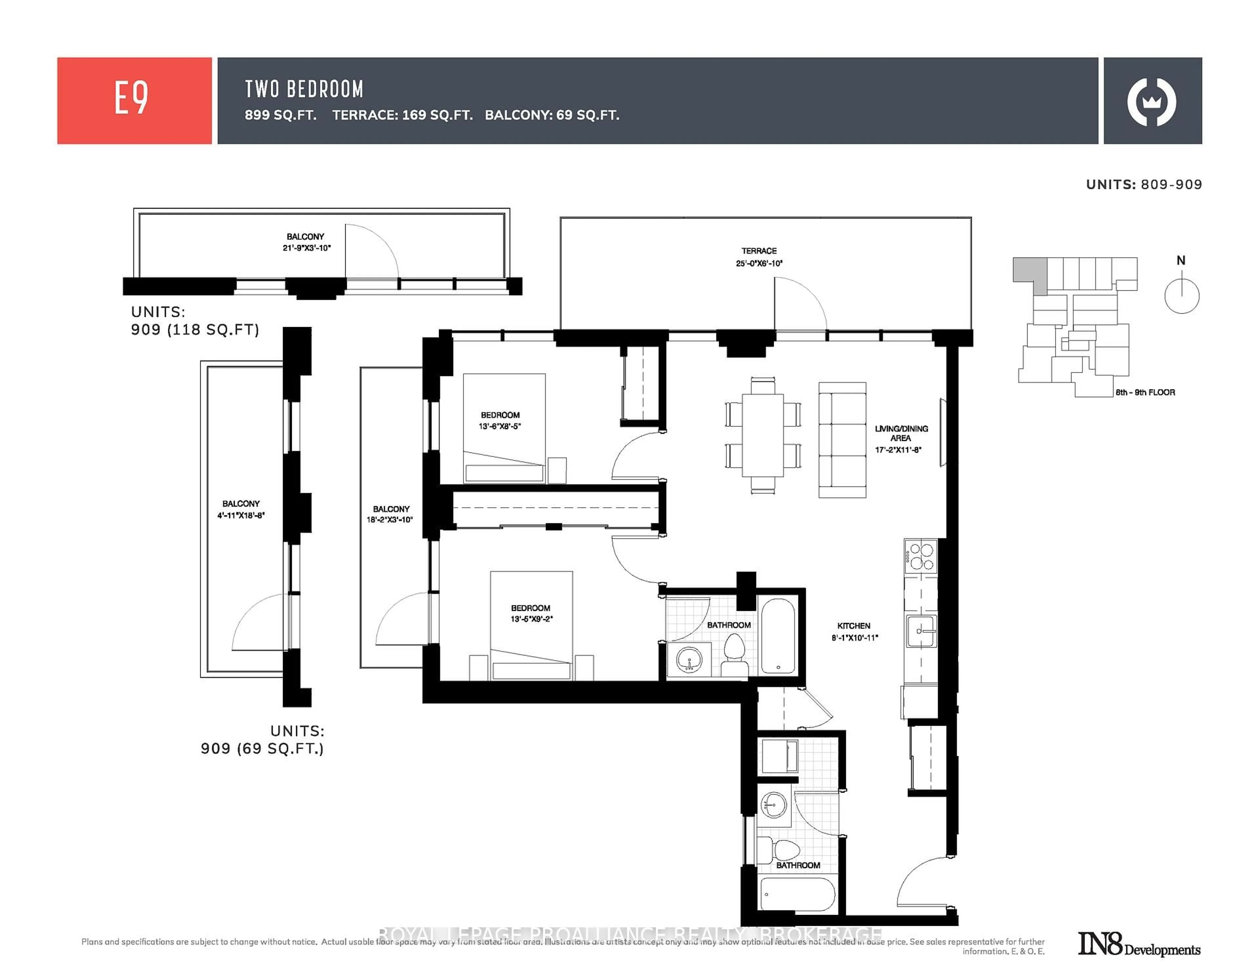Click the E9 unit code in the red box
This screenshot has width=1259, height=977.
coord(131,99)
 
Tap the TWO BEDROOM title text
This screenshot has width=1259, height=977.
coord(304,89)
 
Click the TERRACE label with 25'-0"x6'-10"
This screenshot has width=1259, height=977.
coord(759,257)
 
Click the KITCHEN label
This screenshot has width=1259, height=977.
coord(854,631)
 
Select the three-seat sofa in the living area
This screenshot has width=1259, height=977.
coord(842,440)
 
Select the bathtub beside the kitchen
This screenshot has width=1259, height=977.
coord(778,635)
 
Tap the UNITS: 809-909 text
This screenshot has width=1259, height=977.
coord(1144,185)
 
